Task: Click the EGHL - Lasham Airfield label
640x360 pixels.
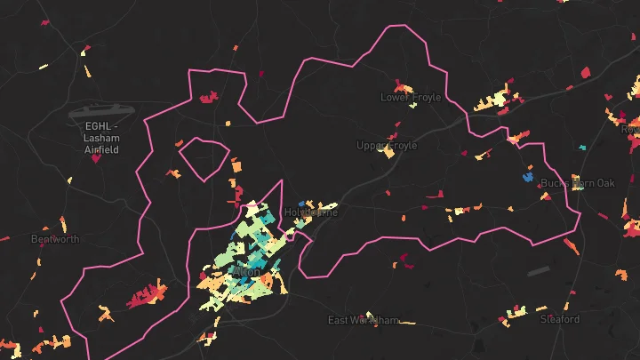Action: (x=101, y=138)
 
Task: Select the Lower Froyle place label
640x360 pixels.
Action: (x=411, y=98)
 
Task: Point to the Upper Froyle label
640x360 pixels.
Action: (x=387, y=146)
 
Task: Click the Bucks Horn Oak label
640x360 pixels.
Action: (x=578, y=183)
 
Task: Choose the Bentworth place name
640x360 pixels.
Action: (x=55, y=239)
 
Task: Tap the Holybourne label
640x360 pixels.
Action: (x=311, y=212)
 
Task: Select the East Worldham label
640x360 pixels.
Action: (x=364, y=320)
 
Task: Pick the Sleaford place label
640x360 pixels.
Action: (x=559, y=319)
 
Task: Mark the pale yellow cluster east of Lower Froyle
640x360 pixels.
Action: (x=495, y=100)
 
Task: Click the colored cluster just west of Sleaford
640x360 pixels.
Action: (x=516, y=311)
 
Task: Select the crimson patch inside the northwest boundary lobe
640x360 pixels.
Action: (x=209, y=97)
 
